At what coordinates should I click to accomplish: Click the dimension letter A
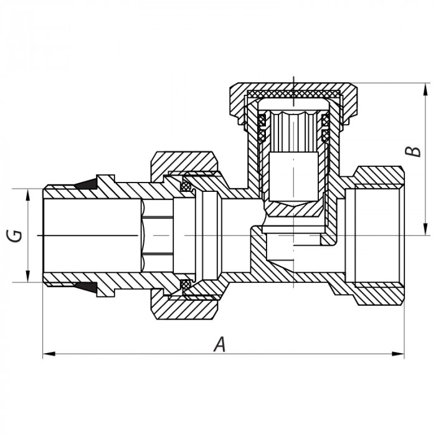pyautogui.click(x=219, y=344)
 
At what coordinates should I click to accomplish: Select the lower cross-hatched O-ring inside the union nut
pyautogui.click(x=186, y=285)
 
